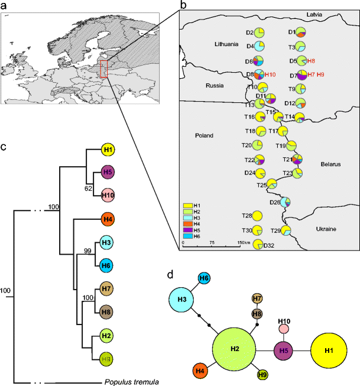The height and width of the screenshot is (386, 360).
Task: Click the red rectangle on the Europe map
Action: click(103, 69)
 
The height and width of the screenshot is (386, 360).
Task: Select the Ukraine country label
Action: click(324, 229)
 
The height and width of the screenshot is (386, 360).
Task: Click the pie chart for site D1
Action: click(301, 33)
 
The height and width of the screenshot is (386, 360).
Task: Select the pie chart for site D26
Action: click(286, 202)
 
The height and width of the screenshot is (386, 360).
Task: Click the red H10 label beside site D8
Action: click(270, 75)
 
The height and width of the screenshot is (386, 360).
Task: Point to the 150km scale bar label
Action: click(233, 243)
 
